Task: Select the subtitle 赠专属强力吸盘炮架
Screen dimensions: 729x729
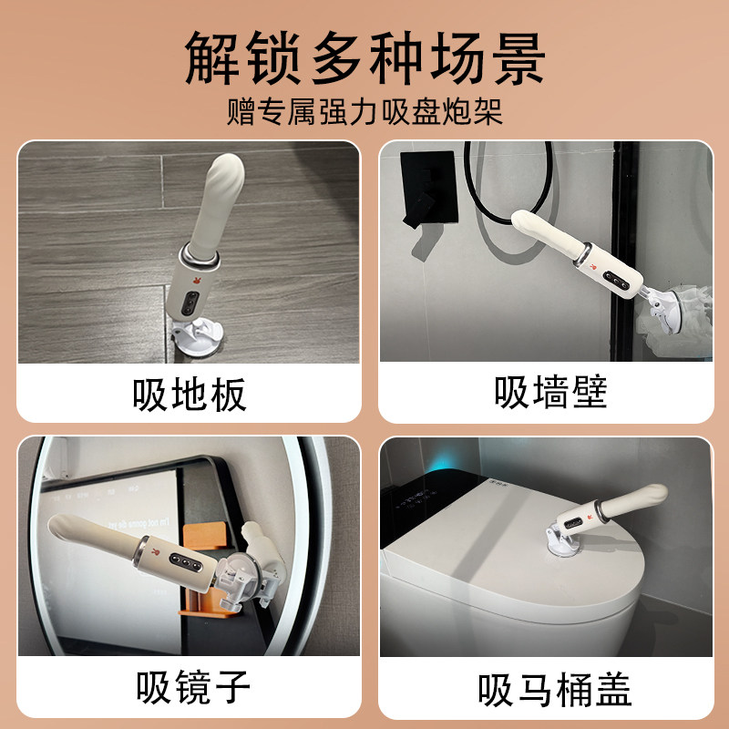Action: click(x=364, y=113)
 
